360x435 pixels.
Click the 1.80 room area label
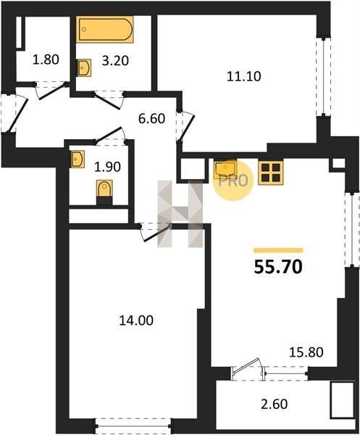[46, 59]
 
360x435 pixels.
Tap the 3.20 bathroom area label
[115, 61]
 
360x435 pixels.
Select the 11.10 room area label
[244, 76]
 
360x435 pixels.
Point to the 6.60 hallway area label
[151, 119]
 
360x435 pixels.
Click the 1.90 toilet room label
[107, 167]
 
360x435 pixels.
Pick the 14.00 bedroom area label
[136, 320]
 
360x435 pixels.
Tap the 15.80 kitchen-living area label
[306, 352]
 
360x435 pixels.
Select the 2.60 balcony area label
[275, 404]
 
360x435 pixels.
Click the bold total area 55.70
[278, 268]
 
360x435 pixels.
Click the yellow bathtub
[105, 29]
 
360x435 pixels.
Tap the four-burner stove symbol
[270, 173]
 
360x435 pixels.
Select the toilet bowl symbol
[104, 188]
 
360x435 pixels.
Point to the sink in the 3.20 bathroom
[84, 67]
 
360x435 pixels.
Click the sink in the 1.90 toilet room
[77, 159]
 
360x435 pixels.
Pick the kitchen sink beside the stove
[225, 168]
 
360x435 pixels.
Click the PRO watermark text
[233, 181]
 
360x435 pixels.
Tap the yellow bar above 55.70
[278, 251]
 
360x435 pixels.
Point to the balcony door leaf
[247, 365]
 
